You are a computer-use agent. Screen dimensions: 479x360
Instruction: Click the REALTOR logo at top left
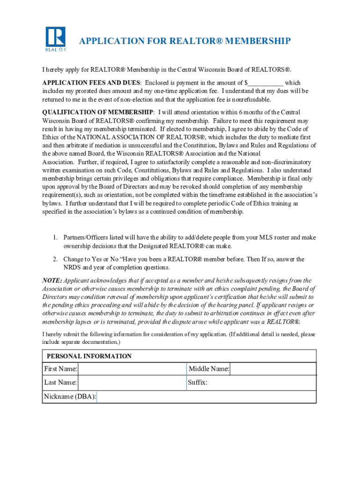click(56, 39)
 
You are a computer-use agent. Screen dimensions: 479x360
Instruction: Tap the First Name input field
click(132, 369)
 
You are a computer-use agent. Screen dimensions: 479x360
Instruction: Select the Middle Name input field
click(273, 369)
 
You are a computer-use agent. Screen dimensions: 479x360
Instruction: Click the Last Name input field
click(132, 383)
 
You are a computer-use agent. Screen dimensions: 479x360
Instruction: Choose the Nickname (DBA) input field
click(206, 397)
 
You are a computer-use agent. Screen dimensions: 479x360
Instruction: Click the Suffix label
click(198, 383)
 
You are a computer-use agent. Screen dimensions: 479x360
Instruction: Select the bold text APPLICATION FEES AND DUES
click(91, 83)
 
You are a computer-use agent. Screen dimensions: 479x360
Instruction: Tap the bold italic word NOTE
click(51, 281)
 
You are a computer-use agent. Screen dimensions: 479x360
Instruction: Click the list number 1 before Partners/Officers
click(54, 238)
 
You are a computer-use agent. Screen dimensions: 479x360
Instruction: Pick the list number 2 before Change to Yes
click(54, 259)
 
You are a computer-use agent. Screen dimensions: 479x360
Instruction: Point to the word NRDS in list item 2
click(72, 268)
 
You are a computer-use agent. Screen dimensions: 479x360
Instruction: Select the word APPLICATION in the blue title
click(107, 41)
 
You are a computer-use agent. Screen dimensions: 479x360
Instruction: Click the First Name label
click(60, 369)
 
